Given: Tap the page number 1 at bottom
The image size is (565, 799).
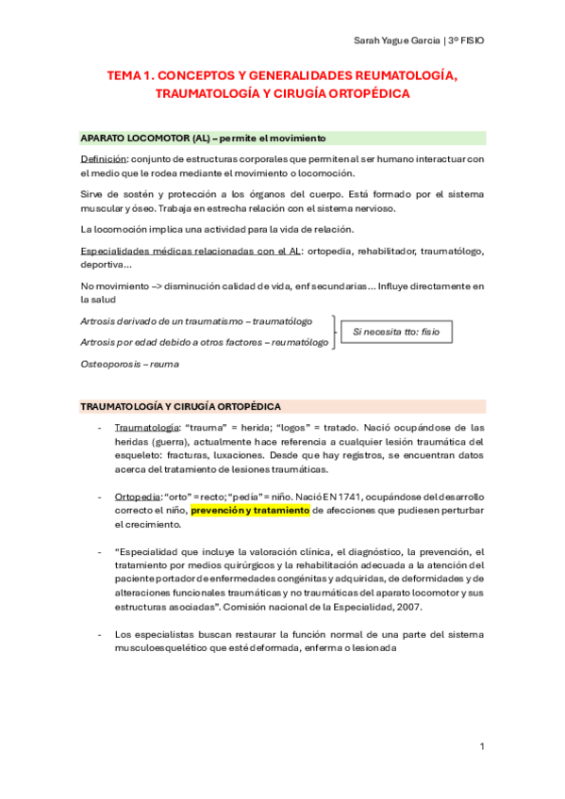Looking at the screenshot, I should pyautogui.click(x=481, y=747).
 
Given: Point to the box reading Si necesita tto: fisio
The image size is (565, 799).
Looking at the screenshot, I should pyautogui.click(x=396, y=333).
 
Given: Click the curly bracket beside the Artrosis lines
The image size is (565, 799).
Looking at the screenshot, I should pyautogui.click(x=335, y=333).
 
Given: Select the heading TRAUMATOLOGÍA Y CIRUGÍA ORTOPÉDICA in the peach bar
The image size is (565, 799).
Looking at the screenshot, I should pyautogui.click(x=180, y=406).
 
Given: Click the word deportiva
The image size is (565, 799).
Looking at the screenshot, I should pyautogui.click(x=106, y=264).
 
